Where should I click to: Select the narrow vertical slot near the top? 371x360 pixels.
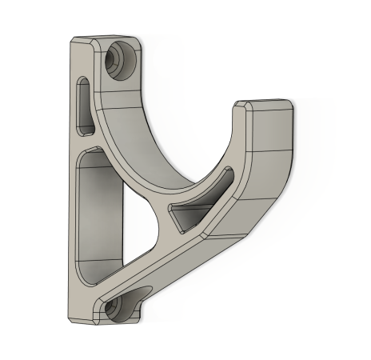[x=83, y=104]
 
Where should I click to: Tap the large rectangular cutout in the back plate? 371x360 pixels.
[x=100, y=212]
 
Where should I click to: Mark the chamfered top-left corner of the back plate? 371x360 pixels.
[x=74, y=40]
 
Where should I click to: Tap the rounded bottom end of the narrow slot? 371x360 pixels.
[x=83, y=127]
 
